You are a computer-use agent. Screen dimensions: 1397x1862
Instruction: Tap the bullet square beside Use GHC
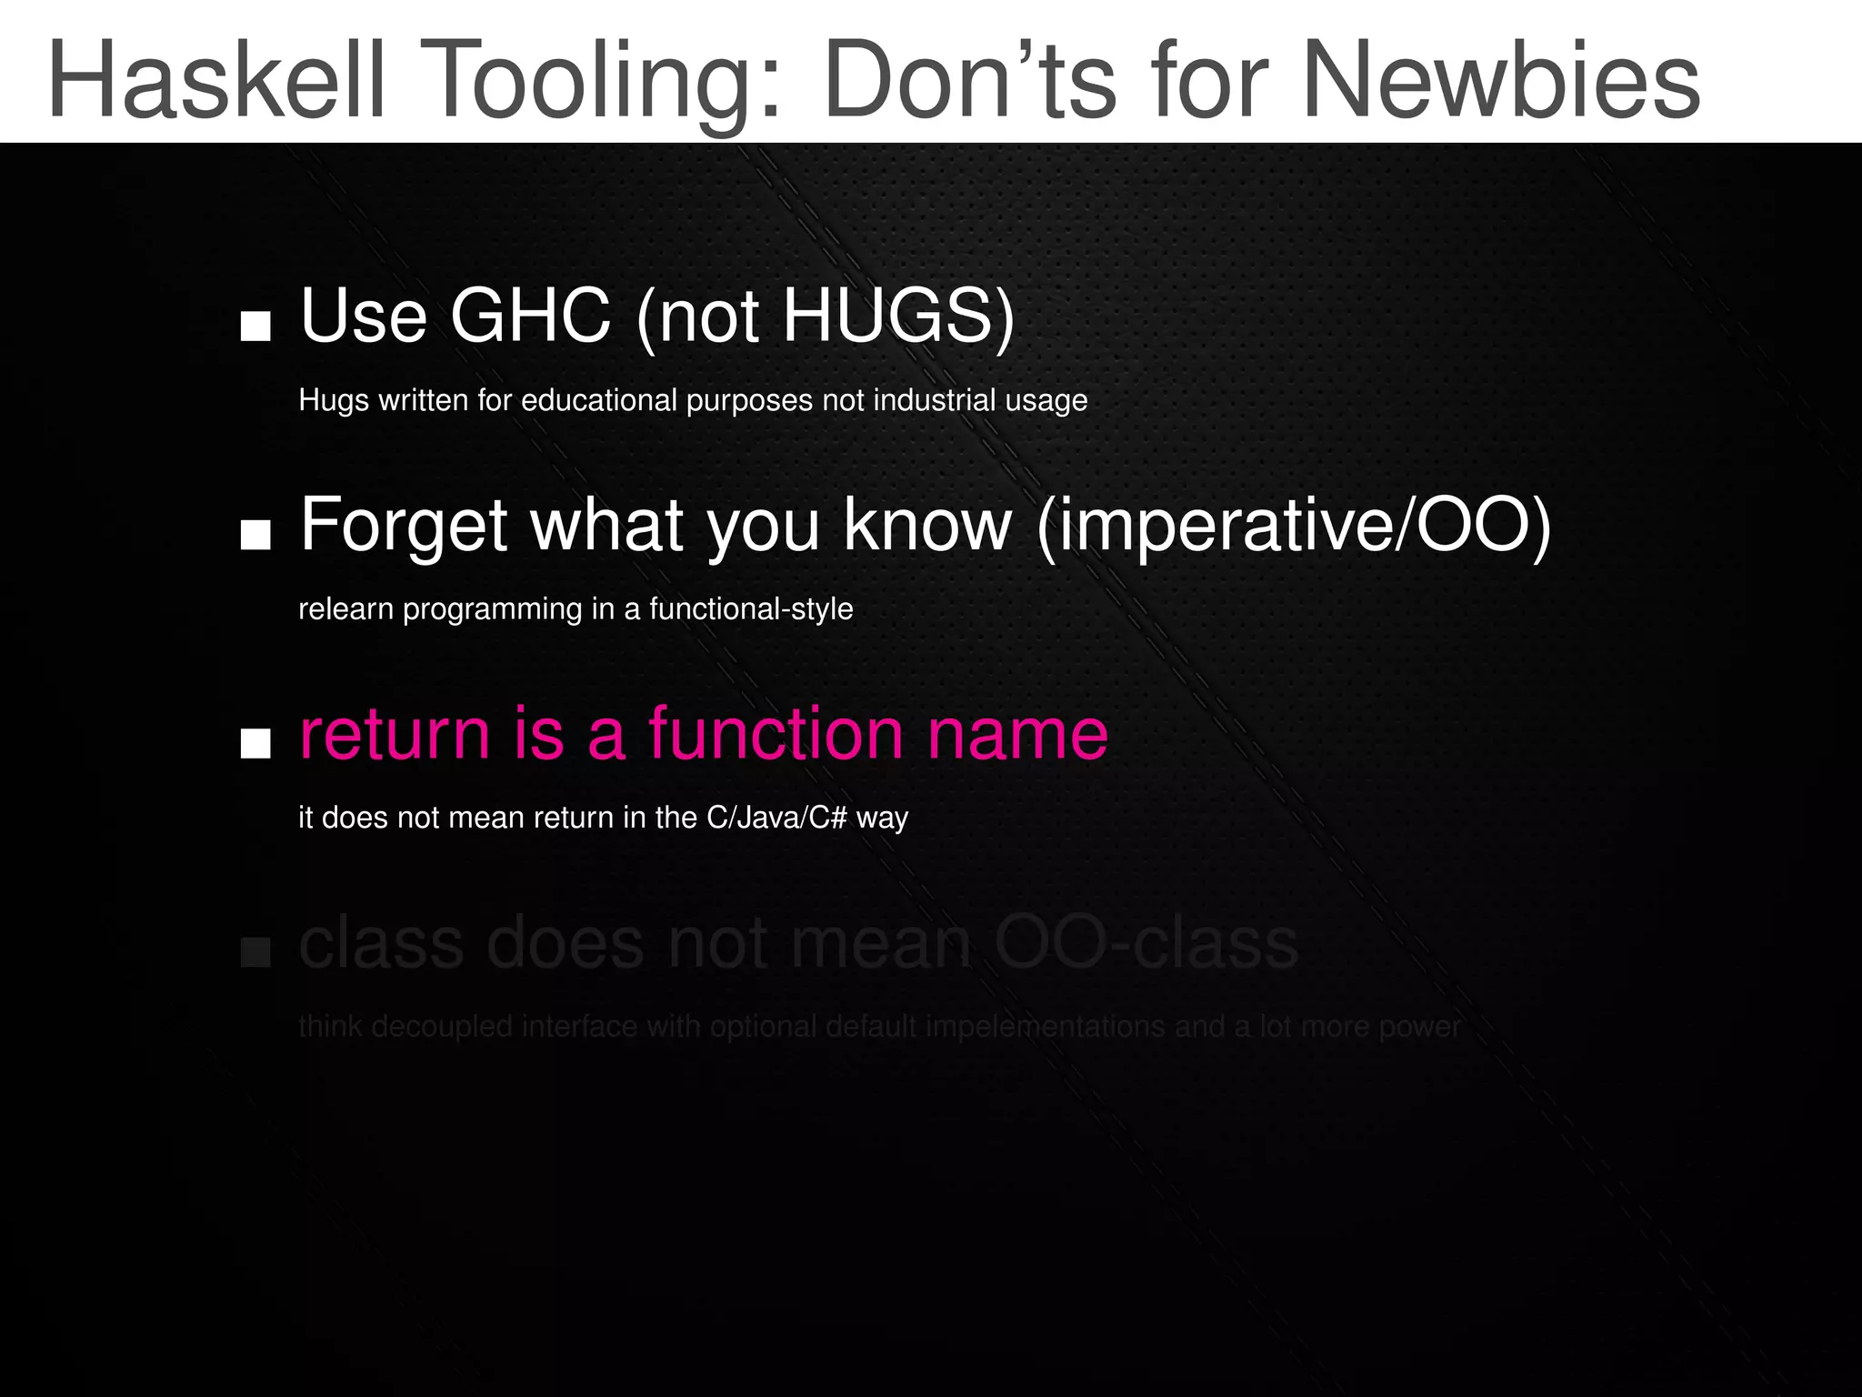tap(255, 327)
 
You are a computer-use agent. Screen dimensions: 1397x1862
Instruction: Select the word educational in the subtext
tap(599, 400)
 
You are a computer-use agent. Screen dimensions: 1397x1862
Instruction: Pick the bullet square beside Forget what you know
tap(255, 536)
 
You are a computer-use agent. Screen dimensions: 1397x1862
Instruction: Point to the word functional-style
tap(751, 608)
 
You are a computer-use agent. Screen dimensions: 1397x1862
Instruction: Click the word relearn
tap(346, 608)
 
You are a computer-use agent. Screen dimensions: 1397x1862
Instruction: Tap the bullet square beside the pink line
tap(255, 744)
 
